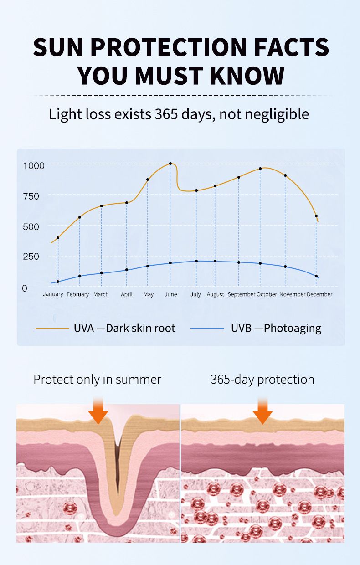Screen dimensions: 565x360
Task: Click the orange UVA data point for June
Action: pyautogui.click(x=170, y=164)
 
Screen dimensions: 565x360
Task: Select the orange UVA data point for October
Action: pyautogui.click(x=260, y=169)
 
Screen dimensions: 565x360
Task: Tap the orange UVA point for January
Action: pyautogui.click(x=58, y=238)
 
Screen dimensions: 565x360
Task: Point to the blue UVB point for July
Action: pyautogui.click(x=196, y=261)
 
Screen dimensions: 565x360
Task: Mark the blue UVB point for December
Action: pyautogui.click(x=316, y=276)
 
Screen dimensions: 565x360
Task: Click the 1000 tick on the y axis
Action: pyautogui.click(x=34, y=165)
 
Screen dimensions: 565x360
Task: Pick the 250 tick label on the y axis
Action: pyautogui.click(x=31, y=257)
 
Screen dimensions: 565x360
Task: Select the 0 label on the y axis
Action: pyautogui.click(x=25, y=288)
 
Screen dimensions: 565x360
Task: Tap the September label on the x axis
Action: pyautogui.click(x=241, y=294)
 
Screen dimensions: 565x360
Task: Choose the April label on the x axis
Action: pyautogui.click(x=127, y=294)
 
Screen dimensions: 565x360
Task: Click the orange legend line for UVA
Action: pyautogui.click(x=51, y=328)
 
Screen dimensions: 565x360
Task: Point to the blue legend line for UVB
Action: pyautogui.click(x=207, y=328)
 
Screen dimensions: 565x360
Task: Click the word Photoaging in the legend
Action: pyautogui.click(x=293, y=328)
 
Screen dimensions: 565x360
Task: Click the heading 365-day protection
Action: pyautogui.click(x=262, y=380)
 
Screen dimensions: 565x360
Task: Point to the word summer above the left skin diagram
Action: pyautogui.click(x=139, y=380)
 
